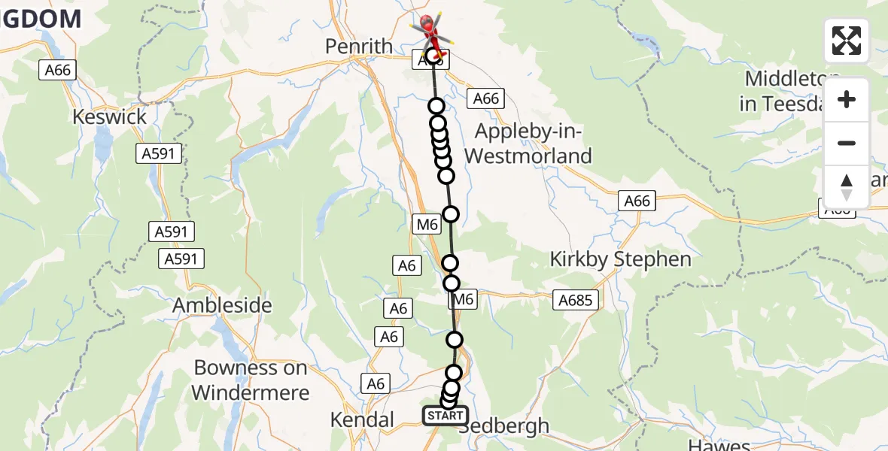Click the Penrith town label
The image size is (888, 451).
(x=359, y=47)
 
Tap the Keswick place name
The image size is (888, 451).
(x=110, y=117)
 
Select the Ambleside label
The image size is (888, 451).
(x=222, y=306)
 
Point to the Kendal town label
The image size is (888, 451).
(x=362, y=419)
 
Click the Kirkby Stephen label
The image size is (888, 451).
(x=620, y=259)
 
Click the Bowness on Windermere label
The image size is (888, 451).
(x=250, y=380)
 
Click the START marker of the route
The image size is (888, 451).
(x=445, y=416)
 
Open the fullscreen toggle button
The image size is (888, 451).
(x=847, y=41)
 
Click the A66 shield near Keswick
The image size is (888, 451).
(x=57, y=71)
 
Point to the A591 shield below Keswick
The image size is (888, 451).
(x=159, y=154)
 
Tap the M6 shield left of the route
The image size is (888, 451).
(x=427, y=223)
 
